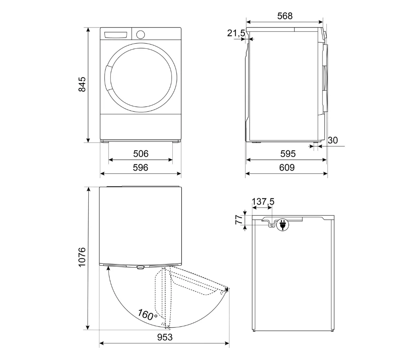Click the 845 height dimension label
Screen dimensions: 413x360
coord(82,84)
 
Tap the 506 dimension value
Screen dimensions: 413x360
coord(140,154)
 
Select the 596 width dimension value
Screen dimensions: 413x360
coord(140,168)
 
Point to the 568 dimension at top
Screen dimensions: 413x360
coord(285,16)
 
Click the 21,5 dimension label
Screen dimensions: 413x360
coord(236,33)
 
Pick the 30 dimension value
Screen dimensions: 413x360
coord(333,140)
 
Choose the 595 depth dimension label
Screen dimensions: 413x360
coord(288,154)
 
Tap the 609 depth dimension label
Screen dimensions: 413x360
coord(287,168)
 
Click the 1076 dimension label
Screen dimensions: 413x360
coord(82,257)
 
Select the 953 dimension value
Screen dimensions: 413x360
coord(165,337)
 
